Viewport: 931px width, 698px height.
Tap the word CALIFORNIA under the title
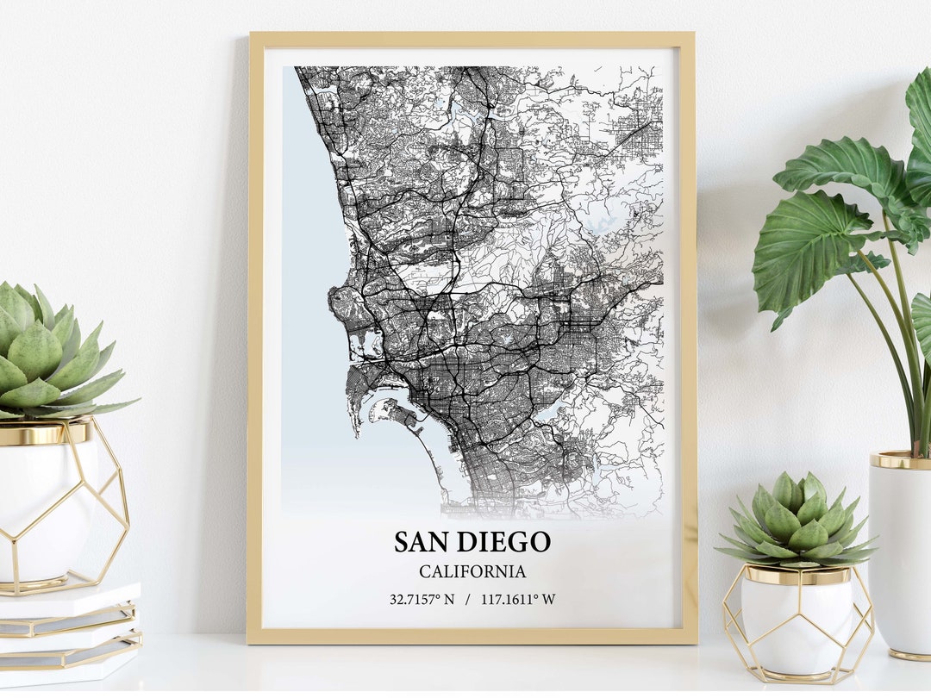(x=472, y=571)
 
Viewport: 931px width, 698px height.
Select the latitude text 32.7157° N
(x=422, y=599)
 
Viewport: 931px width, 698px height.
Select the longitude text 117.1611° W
(x=519, y=599)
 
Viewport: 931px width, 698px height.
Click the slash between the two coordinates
(x=467, y=599)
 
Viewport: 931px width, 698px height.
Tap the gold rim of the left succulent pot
(x=43, y=433)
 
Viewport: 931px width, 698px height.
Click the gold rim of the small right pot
(x=797, y=575)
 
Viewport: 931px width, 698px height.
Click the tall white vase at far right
(x=901, y=552)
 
